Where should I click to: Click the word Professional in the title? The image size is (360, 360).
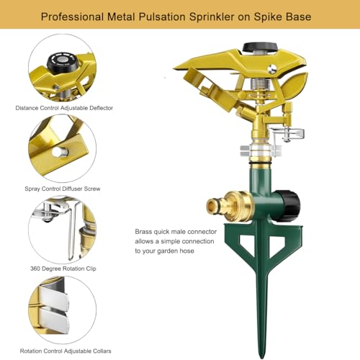[x=72, y=17]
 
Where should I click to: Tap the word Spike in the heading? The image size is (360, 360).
[x=268, y=17]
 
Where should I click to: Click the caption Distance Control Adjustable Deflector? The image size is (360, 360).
[x=64, y=108]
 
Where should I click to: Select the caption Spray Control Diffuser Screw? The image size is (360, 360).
[x=63, y=189]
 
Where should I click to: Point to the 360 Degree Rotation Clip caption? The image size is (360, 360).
[x=63, y=269]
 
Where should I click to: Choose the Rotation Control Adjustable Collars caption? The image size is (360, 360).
[x=66, y=351]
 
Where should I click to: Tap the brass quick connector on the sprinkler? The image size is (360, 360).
[x=228, y=206]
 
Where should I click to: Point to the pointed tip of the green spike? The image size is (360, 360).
[x=264, y=356]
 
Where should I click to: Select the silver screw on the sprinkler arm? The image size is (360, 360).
[x=272, y=69]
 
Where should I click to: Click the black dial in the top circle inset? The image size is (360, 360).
[x=63, y=61]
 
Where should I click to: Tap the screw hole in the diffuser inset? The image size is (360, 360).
[x=59, y=152]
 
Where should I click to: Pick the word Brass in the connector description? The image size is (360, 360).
[x=143, y=232]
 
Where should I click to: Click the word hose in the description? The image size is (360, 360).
[x=186, y=251]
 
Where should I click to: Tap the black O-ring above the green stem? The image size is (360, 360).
[x=261, y=163]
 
